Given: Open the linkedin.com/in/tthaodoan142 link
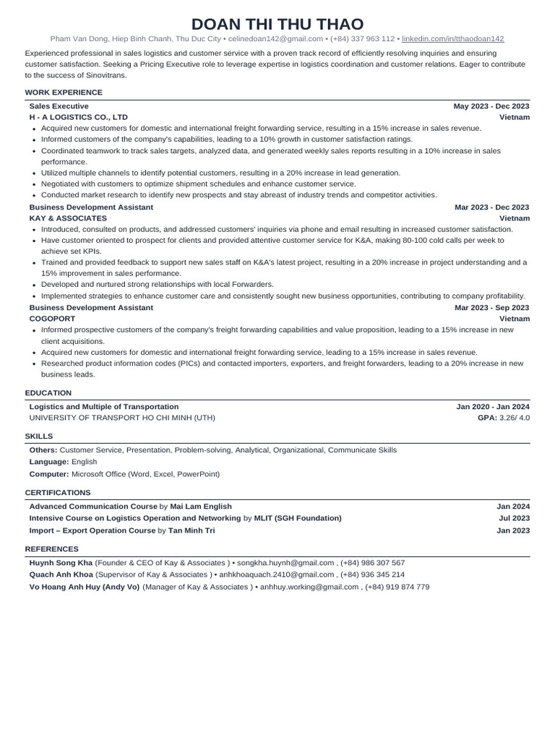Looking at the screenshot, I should point(452,38).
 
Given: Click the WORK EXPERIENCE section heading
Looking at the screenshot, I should point(64,92).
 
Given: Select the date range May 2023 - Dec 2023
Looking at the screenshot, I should point(491,106).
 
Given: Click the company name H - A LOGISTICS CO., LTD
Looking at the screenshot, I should point(78,116).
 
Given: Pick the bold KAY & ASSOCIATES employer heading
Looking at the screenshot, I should point(68,218).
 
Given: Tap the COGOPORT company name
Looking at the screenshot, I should point(53,319).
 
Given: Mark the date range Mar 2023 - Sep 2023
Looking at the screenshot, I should point(491,307).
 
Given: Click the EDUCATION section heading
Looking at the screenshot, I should point(48,393).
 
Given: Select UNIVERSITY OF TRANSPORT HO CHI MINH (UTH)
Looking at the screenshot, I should point(121,417).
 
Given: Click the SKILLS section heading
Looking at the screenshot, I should point(39,436).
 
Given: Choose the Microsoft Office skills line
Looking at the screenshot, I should point(124,474).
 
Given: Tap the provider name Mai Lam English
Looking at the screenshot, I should point(201,507).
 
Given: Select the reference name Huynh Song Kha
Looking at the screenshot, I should point(61,562).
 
